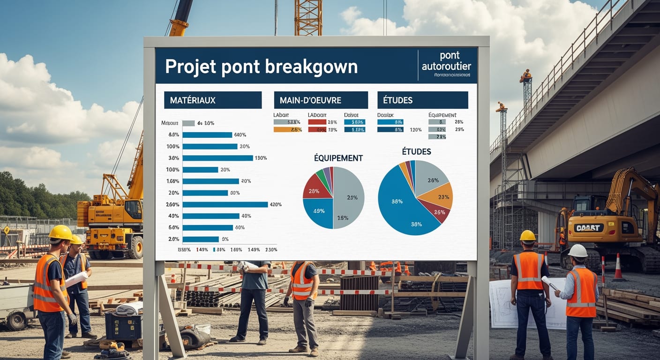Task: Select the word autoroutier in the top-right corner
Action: pos(446,66)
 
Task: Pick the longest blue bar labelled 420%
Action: pos(225,204)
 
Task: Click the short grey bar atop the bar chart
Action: pos(188,123)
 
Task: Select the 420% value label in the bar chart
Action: pos(275,204)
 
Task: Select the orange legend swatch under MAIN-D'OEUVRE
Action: pos(287,129)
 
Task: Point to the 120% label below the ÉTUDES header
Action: pos(415,130)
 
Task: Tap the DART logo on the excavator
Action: pos(589,227)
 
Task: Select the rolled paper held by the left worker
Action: pos(76,279)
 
